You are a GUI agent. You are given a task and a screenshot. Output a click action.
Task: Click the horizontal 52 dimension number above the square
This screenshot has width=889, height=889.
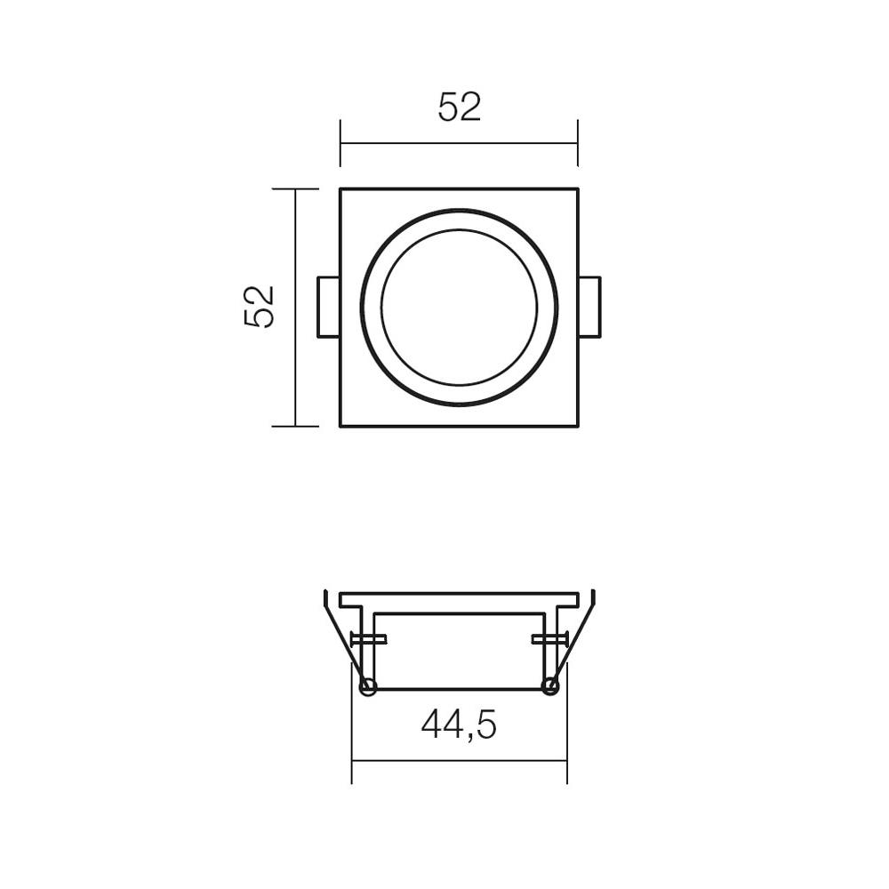[460, 107]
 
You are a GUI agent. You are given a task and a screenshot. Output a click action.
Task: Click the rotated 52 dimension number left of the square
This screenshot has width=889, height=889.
[259, 307]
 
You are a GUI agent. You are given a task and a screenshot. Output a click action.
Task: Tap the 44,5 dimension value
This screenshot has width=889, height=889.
[459, 725]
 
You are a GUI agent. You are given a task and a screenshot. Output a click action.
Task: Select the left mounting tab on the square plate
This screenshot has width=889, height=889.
[328, 307]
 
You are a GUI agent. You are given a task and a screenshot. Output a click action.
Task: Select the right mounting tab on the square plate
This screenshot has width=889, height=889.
[589, 307]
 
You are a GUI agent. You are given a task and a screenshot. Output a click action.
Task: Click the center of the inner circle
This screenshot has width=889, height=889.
[459, 308]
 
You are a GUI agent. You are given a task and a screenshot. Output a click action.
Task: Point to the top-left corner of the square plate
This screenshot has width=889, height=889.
[341, 189]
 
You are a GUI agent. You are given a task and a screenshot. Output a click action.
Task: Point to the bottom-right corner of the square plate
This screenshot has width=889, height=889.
[577, 427]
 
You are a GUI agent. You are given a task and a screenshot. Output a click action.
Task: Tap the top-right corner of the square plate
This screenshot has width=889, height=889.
[577, 189]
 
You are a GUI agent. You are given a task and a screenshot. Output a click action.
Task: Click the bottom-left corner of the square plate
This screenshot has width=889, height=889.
[341, 427]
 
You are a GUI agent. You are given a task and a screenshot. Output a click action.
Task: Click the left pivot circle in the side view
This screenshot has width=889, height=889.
[367, 685]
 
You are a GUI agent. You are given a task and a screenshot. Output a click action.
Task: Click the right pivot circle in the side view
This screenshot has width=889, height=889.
[550, 685]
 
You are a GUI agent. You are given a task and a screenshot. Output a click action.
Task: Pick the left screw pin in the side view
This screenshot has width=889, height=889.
[368, 638]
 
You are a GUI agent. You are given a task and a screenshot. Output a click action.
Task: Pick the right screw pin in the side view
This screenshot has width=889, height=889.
[549, 638]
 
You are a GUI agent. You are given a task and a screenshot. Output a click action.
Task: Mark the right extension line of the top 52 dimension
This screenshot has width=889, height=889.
[577, 142]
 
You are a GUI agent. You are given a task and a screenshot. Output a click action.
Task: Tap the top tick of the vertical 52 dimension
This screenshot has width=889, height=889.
[295, 189]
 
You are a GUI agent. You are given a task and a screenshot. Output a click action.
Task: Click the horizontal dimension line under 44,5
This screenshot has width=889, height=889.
[459, 761]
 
